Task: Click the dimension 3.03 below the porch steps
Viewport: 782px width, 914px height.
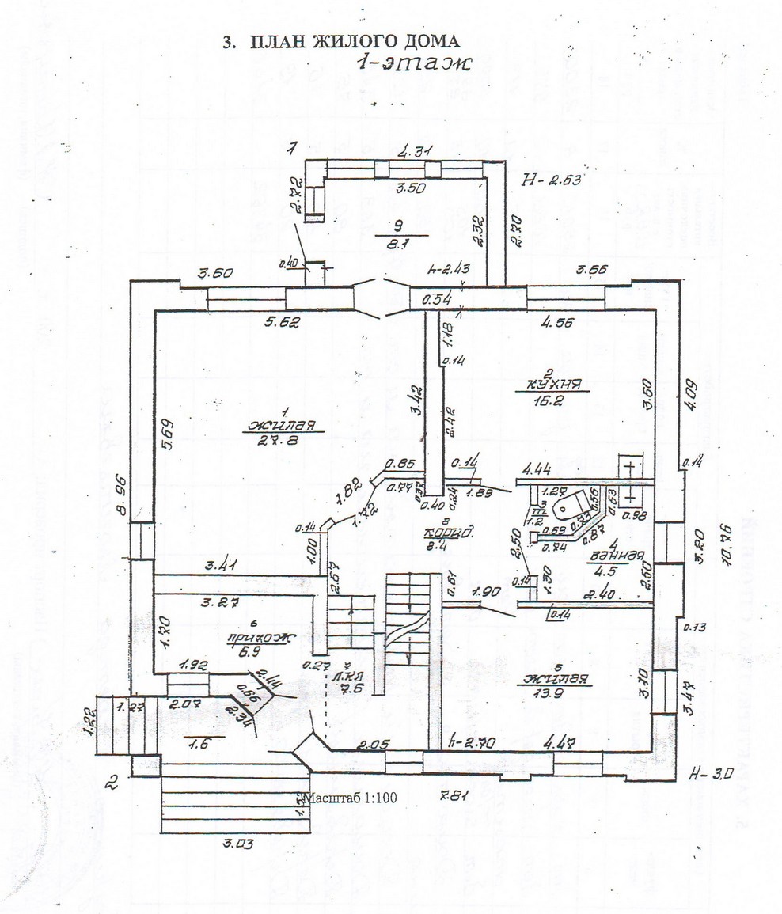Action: click(x=233, y=844)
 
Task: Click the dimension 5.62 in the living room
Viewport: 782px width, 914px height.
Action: click(x=277, y=323)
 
